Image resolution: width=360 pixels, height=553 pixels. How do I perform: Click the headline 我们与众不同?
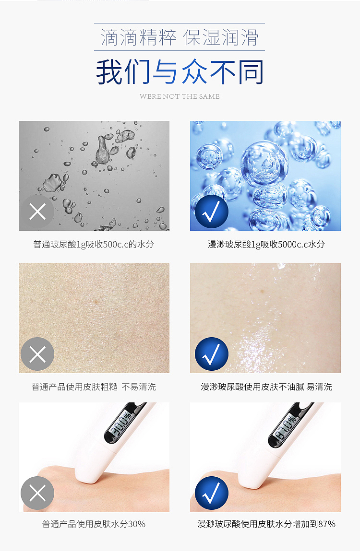tap(180, 72)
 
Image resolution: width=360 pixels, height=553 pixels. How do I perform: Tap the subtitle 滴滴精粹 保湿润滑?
tap(180, 37)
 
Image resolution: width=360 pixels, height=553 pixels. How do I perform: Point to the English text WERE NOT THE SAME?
tap(180, 96)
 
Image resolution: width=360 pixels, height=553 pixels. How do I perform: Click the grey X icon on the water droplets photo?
tap(37, 212)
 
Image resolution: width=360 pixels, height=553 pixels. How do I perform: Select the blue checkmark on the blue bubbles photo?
tap(212, 212)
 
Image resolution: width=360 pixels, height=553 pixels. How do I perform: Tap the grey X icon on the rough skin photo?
tap(37, 354)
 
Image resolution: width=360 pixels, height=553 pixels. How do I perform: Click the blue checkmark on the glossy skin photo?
tap(212, 354)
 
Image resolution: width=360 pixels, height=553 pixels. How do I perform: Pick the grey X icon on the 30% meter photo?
tap(37, 493)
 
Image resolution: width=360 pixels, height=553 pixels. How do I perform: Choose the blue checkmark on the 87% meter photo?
tap(212, 493)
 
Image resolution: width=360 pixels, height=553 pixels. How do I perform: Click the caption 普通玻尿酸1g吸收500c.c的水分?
tap(94, 244)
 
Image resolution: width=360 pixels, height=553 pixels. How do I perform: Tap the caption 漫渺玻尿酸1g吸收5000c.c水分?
tap(266, 244)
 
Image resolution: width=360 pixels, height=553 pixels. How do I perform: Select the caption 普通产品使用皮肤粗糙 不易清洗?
tap(94, 387)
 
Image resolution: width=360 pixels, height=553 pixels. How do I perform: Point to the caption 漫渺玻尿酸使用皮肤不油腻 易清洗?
tap(266, 387)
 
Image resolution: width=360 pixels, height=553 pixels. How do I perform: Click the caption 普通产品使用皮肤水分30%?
tap(94, 524)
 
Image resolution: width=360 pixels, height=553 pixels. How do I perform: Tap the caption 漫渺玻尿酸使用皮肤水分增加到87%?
tap(266, 524)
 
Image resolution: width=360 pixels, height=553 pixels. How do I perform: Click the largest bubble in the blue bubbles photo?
tap(264, 164)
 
